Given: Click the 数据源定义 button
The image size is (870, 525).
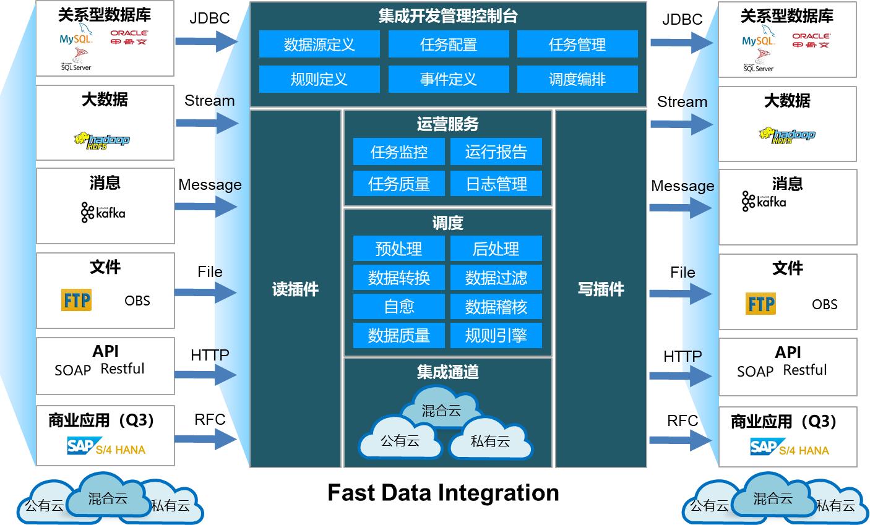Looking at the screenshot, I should [319, 45].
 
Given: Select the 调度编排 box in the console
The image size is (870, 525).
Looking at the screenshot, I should [577, 79].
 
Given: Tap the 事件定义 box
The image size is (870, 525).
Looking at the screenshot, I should [448, 79].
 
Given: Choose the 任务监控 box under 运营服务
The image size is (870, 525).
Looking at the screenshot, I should [398, 152].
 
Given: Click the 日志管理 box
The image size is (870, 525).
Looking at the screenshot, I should [496, 184].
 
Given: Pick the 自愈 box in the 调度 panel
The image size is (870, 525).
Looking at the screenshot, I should [398, 307].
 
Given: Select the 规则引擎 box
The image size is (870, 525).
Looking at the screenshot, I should [496, 335].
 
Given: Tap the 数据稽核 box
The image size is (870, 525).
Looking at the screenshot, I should [496, 307].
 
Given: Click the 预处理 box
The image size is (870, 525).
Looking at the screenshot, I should [398, 249].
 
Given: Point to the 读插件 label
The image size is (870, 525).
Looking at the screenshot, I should [295, 289].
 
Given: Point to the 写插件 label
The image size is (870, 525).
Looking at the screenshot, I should [601, 289].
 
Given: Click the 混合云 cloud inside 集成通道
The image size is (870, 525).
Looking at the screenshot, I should [441, 410].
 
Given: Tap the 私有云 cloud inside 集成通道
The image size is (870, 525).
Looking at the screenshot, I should [490, 440].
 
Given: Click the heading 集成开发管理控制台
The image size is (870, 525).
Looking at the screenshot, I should [448, 16].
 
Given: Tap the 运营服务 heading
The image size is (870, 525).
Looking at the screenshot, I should [447, 124].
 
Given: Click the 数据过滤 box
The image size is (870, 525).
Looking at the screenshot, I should [496, 278].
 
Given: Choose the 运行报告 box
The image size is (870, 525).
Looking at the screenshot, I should [496, 152].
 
